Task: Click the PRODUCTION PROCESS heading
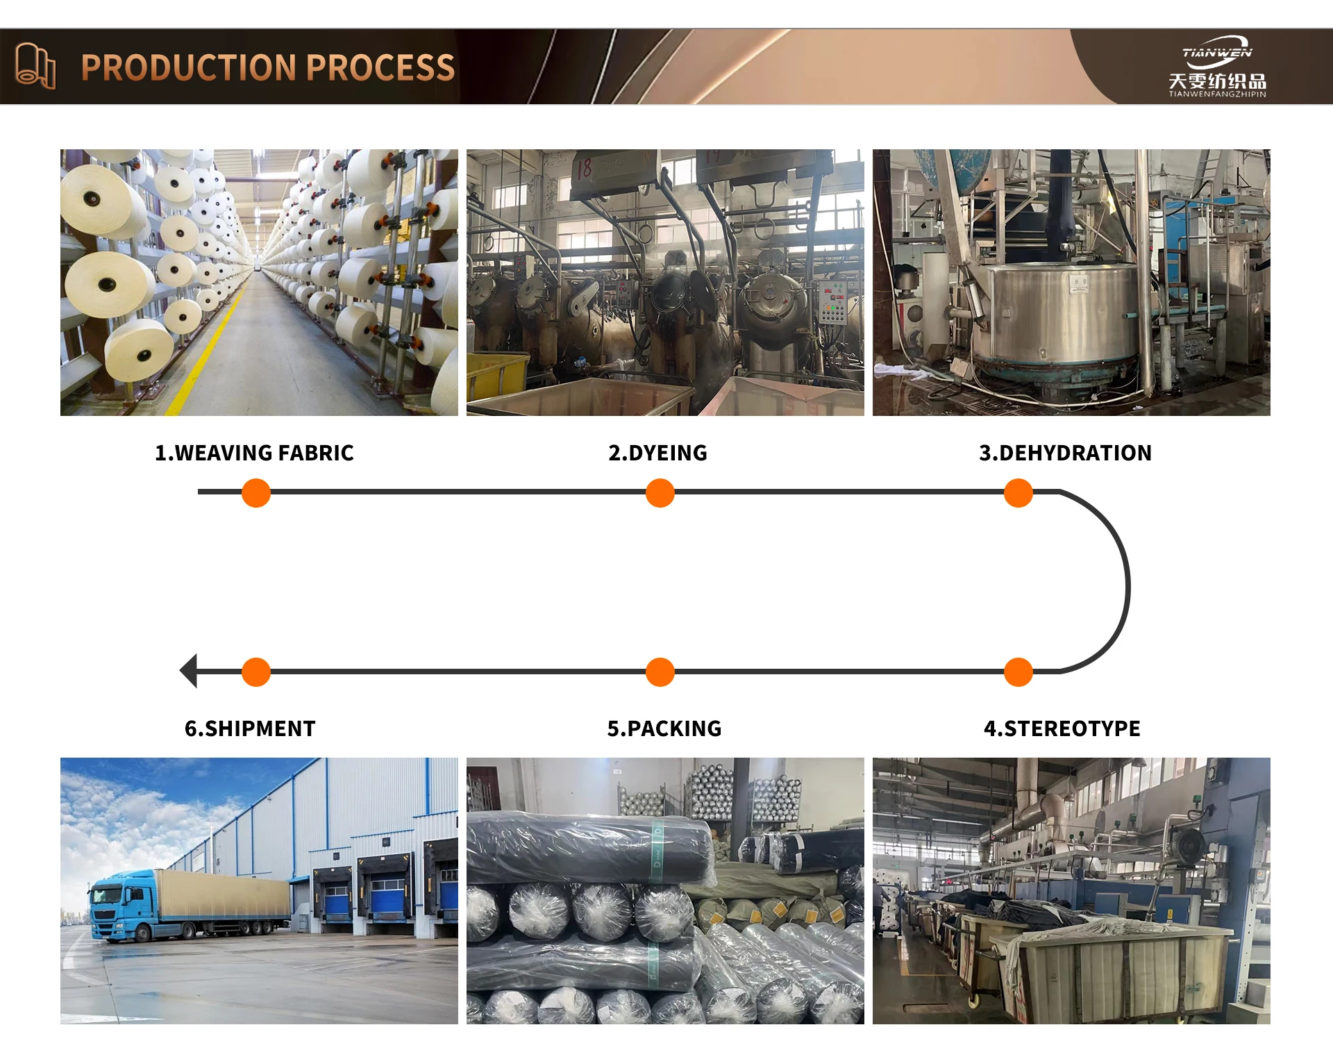(x=268, y=68)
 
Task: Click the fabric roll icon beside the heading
(x=35, y=66)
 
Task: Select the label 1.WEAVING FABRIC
(x=254, y=453)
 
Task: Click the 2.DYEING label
(x=657, y=453)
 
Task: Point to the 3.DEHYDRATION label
(x=1065, y=453)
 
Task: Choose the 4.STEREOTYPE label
(x=1062, y=728)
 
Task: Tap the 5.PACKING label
(x=664, y=728)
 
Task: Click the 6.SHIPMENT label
(x=250, y=728)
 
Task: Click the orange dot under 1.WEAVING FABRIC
(x=256, y=493)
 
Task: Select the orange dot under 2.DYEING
(x=660, y=493)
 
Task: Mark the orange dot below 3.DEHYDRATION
(x=1018, y=493)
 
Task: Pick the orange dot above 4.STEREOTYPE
(x=1018, y=672)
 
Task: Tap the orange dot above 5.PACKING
(x=660, y=672)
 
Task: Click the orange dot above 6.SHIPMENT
(x=256, y=672)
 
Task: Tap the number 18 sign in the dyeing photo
(x=585, y=167)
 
